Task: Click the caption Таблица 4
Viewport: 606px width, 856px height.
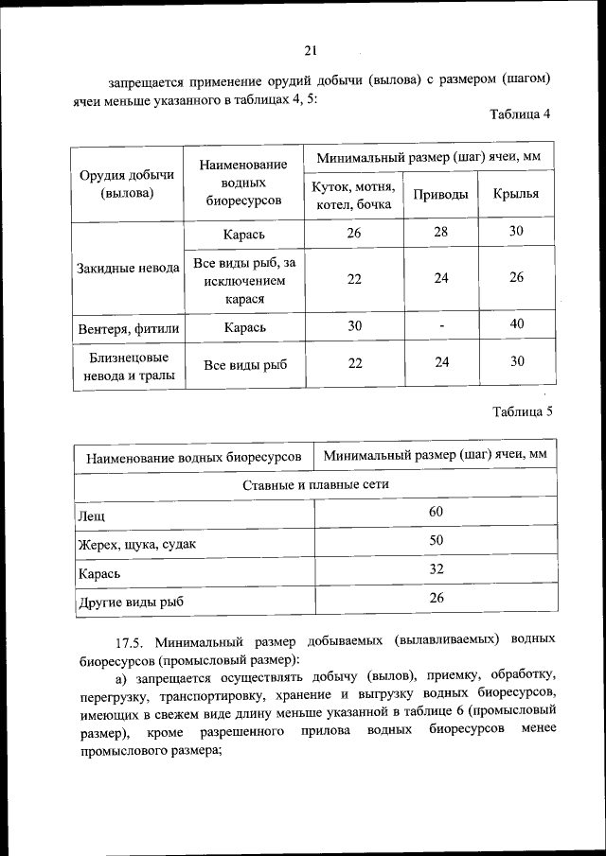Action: click(520, 114)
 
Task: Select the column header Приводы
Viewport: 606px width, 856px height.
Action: click(440, 194)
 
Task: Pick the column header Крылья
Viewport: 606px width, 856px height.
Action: click(516, 194)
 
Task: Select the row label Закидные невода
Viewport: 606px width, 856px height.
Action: click(128, 268)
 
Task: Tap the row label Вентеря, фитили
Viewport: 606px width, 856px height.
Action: click(128, 327)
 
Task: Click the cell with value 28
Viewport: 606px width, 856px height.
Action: click(441, 232)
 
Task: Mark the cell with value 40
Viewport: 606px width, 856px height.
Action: click(517, 325)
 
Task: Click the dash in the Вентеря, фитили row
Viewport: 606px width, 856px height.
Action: click(441, 326)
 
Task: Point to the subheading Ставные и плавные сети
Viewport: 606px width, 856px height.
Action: click(315, 483)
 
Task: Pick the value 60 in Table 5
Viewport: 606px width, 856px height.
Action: click(436, 512)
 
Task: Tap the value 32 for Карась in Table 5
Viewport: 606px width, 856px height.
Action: click(436, 569)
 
